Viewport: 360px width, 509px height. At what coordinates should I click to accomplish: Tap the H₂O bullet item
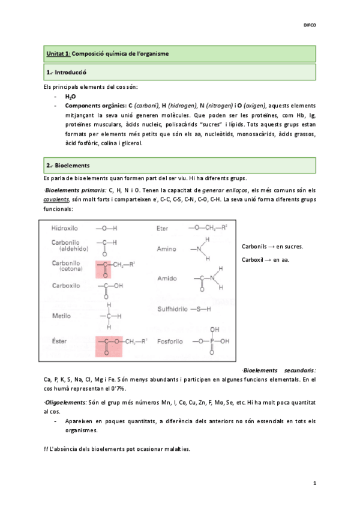coord(70,96)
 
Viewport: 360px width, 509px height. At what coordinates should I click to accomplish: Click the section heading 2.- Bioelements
coord(68,164)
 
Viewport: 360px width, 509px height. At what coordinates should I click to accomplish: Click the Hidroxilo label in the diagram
coord(67,229)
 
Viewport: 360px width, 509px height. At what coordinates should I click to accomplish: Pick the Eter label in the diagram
coord(163,229)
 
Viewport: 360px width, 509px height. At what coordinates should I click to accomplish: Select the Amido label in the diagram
coord(166,279)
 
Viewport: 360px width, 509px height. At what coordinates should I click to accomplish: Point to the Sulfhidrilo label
coord(171,309)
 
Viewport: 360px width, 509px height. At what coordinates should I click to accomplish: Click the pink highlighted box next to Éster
coord(109,346)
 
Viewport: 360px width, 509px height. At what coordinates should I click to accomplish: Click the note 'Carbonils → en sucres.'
coord(272,247)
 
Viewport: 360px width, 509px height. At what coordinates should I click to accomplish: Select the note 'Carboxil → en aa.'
coord(265,261)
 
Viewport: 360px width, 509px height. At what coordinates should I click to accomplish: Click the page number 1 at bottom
coord(314,483)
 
